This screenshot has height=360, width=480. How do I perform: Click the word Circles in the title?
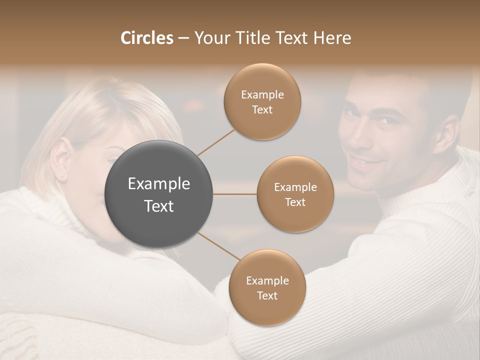[147, 38]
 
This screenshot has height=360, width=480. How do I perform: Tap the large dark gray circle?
[158, 194]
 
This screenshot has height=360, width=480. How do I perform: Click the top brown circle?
[262, 101]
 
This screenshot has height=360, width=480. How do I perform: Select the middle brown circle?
[295, 194]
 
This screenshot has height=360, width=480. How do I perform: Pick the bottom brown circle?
[267, 287]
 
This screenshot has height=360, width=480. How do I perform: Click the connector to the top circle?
[216, 142]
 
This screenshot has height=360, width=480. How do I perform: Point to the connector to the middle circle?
[235, 194]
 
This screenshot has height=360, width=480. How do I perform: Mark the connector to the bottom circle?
[218, 246]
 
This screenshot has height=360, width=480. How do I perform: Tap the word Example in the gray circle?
[158, 184]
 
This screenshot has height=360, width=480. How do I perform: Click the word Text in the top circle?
[262, 109]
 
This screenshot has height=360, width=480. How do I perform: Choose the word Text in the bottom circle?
[267, 295]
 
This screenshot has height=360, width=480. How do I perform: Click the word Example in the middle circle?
[295, 187]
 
